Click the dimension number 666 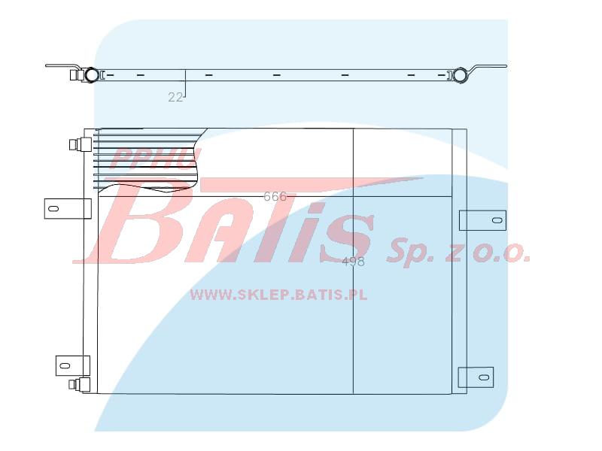[x=275, y=196]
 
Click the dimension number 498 [x=353, y=262]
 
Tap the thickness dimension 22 [x=175, y=98]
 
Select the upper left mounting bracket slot [x=54, y=209]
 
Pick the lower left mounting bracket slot [x=65, y=365]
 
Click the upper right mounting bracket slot [x=497, y=220]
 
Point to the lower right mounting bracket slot [x=484, y=377]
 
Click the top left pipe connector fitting [x=80, y=144]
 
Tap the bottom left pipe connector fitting [x=80, y=385]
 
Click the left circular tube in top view [x=91, y=74]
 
